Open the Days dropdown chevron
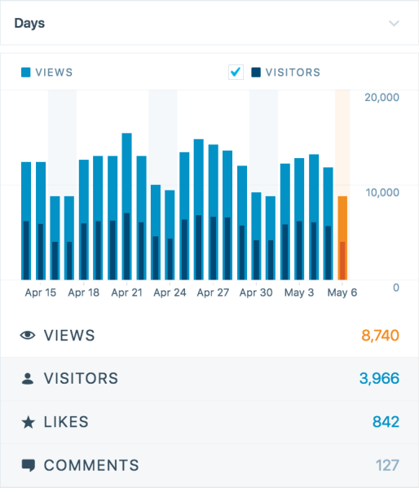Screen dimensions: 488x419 pos(395,24)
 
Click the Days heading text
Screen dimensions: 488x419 pos(29,23)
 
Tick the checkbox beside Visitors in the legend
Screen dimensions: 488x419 pos(236,73)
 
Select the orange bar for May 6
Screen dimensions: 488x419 pos(342,237)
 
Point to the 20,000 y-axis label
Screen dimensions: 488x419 pos(383,98)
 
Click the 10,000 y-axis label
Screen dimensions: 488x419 pos(383,192)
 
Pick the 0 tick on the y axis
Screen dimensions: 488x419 pos(395,288)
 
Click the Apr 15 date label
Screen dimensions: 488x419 pos(41,292)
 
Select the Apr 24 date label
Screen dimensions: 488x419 pos(170,292)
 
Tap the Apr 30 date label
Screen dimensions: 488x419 pos(256,292)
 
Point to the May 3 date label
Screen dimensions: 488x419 pos(298,292)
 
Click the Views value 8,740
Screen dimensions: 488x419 pos(379,336)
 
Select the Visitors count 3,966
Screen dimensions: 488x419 pos(379,379)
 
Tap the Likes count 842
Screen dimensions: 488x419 pos(386,422)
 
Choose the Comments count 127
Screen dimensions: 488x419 pos(387,466)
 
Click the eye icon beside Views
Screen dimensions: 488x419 pos(28,336)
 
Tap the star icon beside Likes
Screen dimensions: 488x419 pos(28,422)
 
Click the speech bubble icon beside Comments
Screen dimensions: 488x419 pos(28,466)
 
